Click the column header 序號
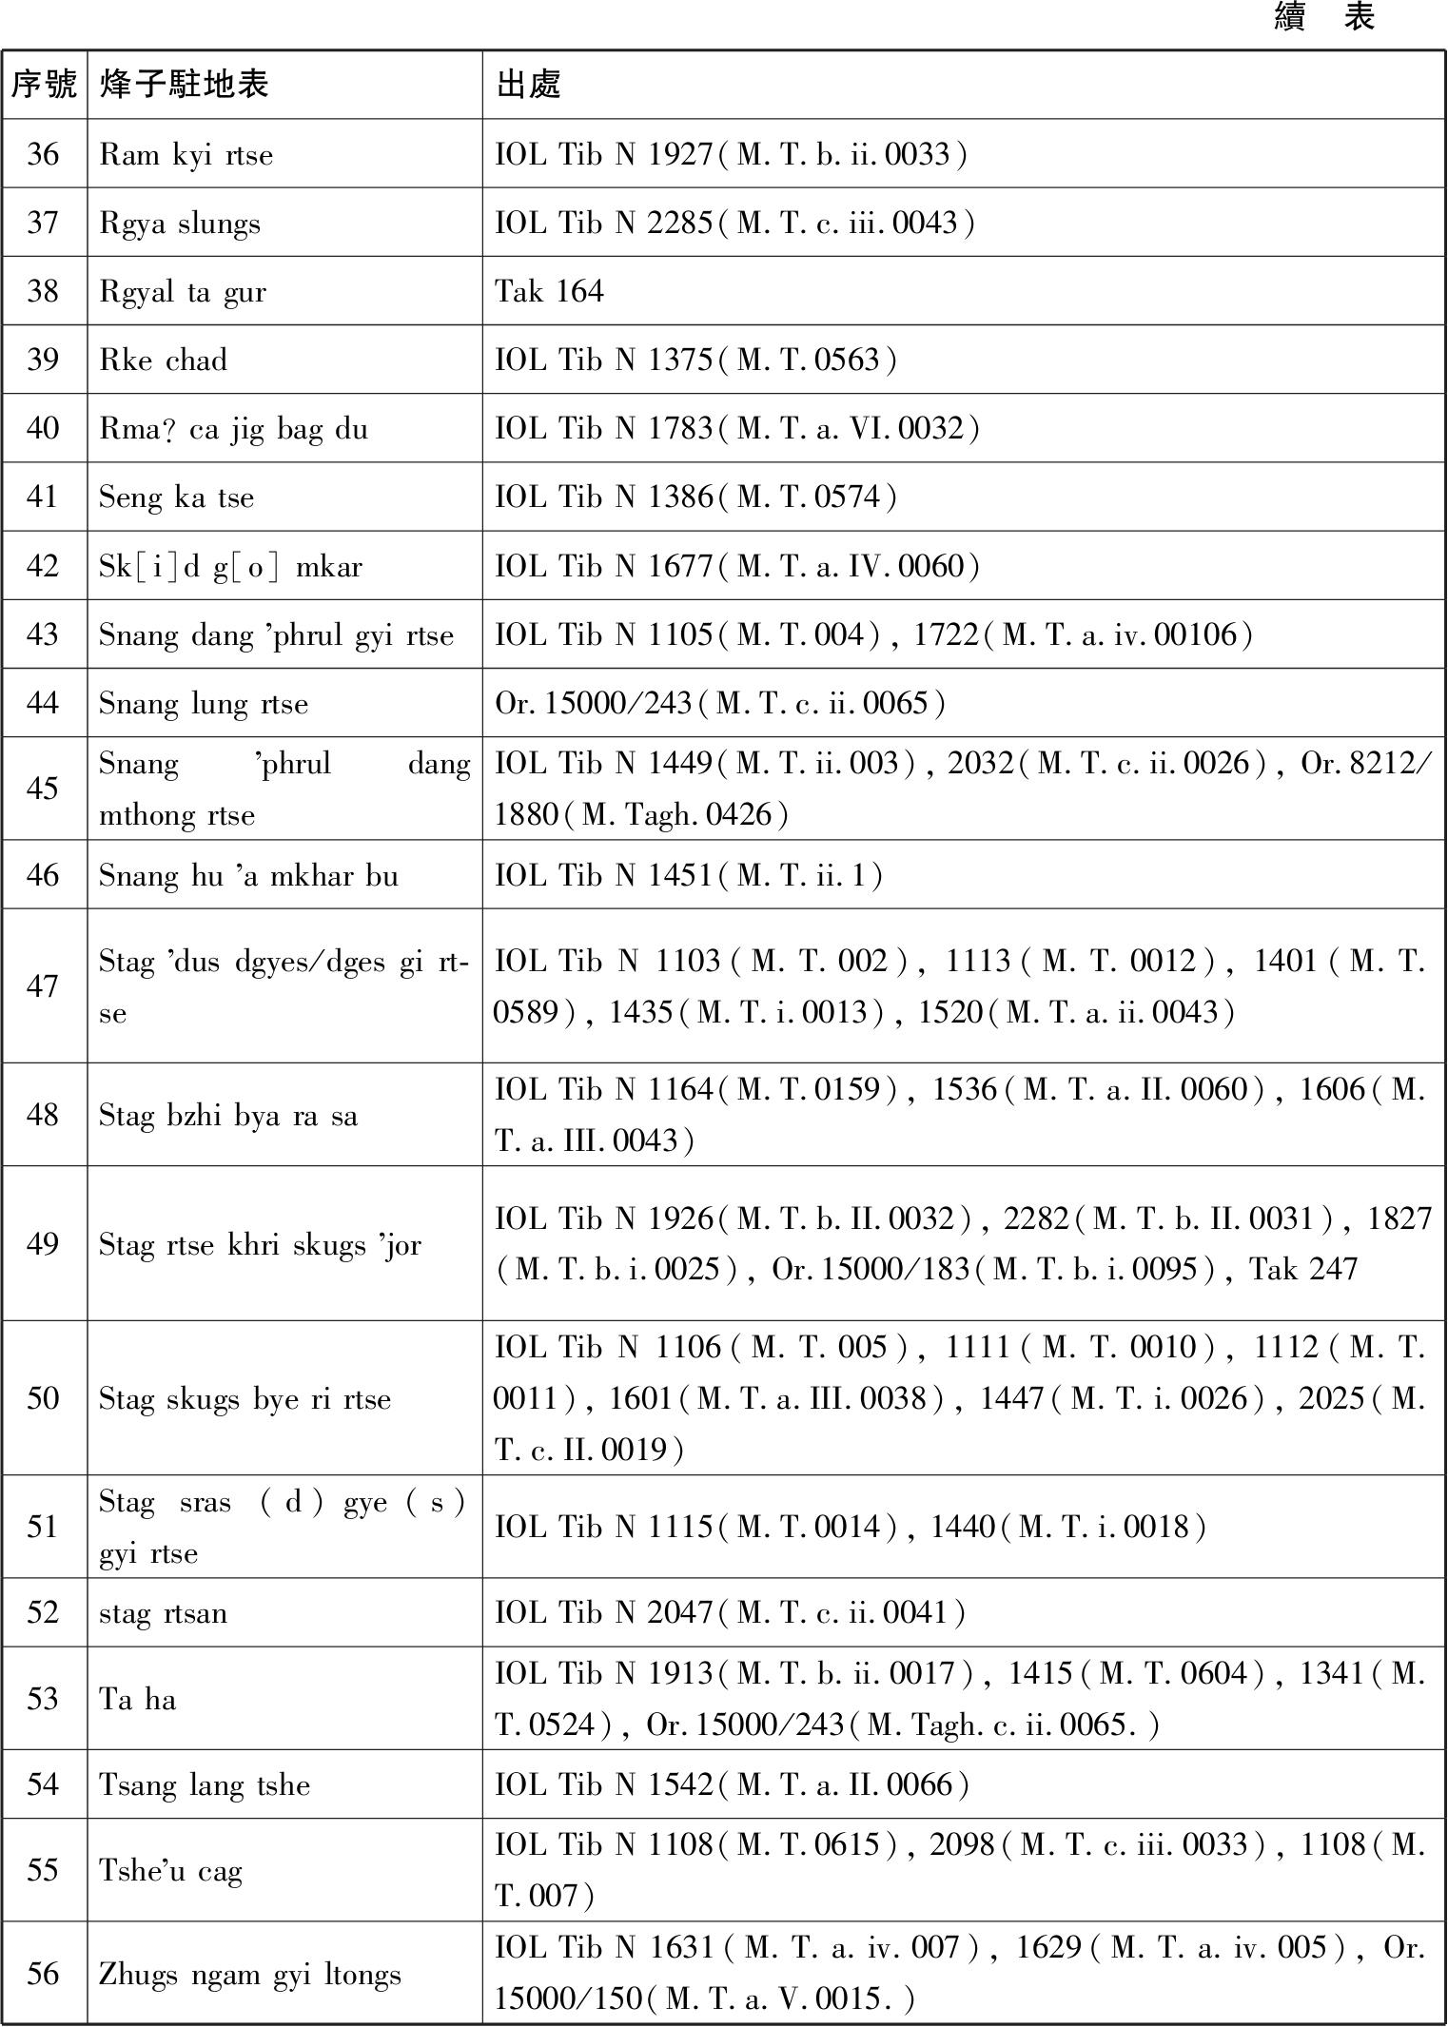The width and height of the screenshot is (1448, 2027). tap(44, 85)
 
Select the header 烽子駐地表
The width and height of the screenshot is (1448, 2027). tap(184, 85)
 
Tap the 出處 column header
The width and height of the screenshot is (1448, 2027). tap(529, 85)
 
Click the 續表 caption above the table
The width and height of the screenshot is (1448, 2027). tap(1324, 17)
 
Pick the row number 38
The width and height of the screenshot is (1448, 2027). tap(43, 291)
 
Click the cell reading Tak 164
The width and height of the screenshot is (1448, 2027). tap(549, 291)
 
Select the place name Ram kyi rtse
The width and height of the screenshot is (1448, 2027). tap(186, 154)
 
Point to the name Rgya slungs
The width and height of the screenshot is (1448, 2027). tap(179, 224)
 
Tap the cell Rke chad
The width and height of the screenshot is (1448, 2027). tap(163, 361)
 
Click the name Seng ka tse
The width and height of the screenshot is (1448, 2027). tap(176, 497)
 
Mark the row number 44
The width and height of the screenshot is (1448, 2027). tap(43, 703)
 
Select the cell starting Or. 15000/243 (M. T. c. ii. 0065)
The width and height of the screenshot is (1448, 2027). tap(720, 703)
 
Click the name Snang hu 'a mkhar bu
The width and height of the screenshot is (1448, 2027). tap(248, 875)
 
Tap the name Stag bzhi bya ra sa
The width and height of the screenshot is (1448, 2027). tap(228, 1115)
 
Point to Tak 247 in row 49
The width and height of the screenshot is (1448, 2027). tap(1302, 1269)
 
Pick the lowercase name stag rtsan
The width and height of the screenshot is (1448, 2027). tap(163, 1613)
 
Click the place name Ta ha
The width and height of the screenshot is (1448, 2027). tap(138, 1699)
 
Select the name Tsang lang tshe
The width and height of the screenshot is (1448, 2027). tap(205, 1784)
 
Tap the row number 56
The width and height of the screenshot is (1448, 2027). tap(43, 1974)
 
